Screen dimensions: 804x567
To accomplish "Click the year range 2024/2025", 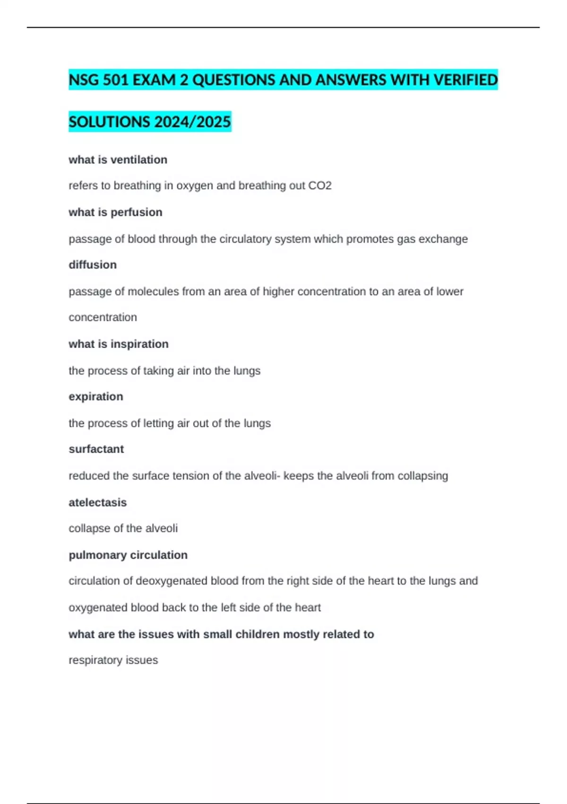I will [x=192, y=122].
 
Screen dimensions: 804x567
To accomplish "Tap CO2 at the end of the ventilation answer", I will [x=320, y=186].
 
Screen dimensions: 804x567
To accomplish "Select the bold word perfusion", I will [x=136, y=212].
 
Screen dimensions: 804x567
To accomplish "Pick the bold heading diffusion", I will [x=93, y=265].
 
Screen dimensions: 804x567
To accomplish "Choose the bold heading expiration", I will [x=96, y=397].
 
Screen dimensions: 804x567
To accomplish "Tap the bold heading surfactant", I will [x=96, y=449].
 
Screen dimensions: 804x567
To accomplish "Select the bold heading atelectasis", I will [x=98, y=503].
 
